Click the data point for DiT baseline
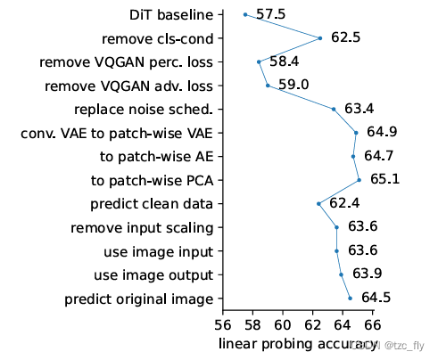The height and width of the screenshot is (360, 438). point(245,14)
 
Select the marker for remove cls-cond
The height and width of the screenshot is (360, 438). point(319,38)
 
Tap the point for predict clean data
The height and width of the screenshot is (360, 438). point(318,203)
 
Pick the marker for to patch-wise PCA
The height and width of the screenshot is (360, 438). point(359,180)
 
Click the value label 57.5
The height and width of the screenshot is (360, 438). point(269,15)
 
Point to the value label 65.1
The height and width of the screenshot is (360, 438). point(384,180)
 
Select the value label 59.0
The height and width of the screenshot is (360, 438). point(293,86)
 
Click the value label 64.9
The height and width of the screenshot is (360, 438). point(381,133)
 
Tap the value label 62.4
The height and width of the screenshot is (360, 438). point(344,203)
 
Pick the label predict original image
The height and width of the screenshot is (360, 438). point(139,298)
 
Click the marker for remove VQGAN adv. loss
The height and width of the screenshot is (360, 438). point(268,86)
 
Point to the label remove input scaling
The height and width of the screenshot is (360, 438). point(142,227)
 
